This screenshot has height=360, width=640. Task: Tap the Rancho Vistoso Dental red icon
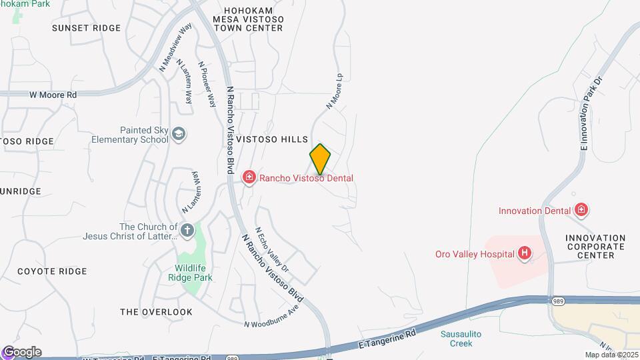pos(249,177)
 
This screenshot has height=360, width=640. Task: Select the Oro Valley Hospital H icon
pos(525,253)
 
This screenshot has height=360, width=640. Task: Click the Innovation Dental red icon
pos(581,211)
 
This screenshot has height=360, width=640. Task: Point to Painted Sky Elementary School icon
pos(179,135)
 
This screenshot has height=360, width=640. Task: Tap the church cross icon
pos(187,231)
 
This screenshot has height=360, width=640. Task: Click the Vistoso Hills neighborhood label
pos(277,139)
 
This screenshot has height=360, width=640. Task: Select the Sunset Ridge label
pos(87,28)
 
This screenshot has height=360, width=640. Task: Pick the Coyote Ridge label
pos(52,271)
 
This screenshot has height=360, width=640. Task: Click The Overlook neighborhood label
pos(156,312)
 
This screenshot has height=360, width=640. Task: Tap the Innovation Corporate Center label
pos(595,247)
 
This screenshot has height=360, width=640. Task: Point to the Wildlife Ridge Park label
pos(189,273)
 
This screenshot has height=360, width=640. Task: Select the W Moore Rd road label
pos(53,95)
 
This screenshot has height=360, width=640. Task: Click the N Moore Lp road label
pos(335,91)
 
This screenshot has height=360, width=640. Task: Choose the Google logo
pos(22,352)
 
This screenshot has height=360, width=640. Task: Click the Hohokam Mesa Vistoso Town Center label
pos(249,19)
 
